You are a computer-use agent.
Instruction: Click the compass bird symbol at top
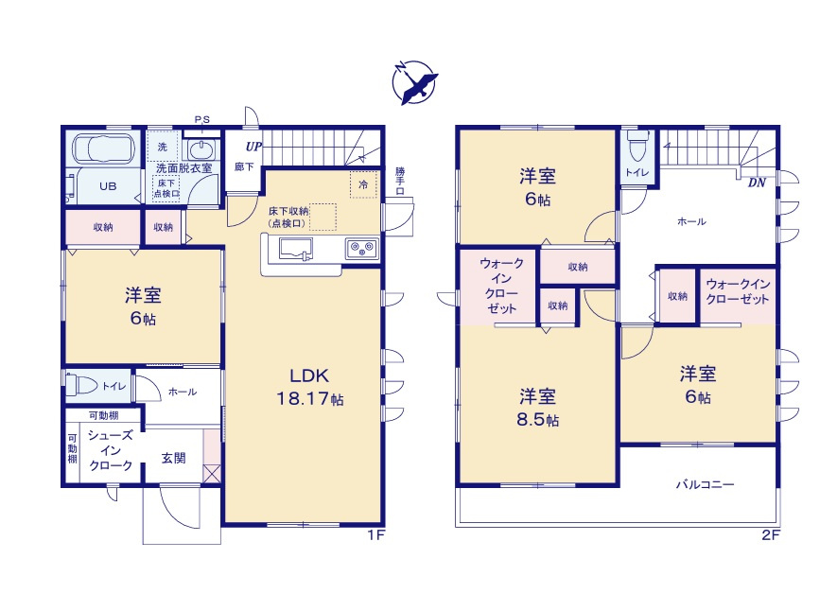(413, 83)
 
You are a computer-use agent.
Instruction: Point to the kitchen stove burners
(360, 250)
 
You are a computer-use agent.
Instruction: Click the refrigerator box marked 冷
(362, 184)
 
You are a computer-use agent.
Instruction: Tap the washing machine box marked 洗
(162, 147)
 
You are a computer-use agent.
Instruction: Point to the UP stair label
(253, 147)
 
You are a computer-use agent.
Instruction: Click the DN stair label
(757, 183)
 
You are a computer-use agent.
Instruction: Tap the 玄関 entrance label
(173, 458)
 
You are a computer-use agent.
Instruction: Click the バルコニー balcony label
(705, 484)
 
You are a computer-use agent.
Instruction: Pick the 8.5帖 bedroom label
(536, 409)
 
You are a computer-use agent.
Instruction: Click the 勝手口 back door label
(400, 181)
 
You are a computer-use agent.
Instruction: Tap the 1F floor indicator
(375, 534)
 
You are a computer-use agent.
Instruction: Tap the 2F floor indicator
(770, 534)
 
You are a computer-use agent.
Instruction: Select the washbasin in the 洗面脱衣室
(201, 149)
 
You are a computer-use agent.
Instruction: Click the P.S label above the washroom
(201, 119)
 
